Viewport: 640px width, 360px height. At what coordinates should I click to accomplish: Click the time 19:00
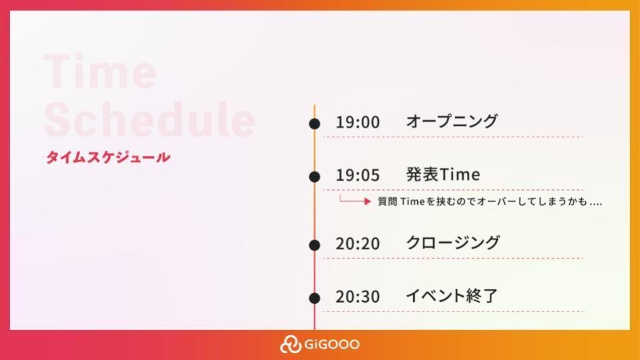click(358, 122)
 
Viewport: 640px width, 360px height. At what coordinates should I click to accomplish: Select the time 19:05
click(358, 175)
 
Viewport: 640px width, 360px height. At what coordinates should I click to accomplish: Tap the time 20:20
click(358, 244)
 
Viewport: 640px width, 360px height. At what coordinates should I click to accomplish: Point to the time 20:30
click(358, 296)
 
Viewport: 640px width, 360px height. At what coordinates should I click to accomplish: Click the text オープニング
click(452, 121)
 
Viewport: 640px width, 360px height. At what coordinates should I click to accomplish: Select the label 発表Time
click(443, 174)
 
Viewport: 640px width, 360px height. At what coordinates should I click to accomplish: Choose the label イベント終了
click(452, 296)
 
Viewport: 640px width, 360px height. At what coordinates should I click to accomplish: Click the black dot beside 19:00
click(315, 124)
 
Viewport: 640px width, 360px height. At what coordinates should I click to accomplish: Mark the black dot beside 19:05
click(315, 177)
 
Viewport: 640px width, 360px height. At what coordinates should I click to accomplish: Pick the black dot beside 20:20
click(315, 245)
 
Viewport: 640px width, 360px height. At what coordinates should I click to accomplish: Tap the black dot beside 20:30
click(315, 298)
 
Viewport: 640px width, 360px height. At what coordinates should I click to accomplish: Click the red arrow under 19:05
click(354, 201)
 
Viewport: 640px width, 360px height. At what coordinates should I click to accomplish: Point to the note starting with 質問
click(490, 201)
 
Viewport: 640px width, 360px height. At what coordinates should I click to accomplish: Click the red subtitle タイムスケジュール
click(108, 157)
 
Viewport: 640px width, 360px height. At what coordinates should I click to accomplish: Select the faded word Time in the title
click(100, 71)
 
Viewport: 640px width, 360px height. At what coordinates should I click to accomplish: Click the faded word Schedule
click(149, 119)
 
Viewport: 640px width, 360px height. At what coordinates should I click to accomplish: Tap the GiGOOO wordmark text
click(332, 344)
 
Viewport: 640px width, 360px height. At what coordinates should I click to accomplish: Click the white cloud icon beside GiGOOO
click(290, 344)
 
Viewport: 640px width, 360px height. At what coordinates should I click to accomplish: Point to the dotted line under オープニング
click(453, 137)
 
